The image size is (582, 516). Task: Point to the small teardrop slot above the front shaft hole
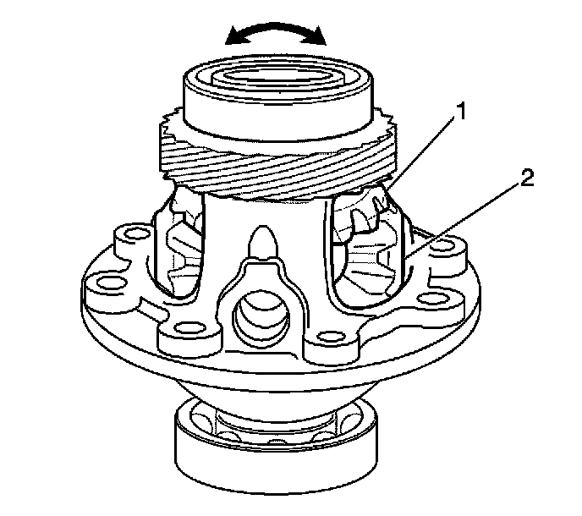(x=261, y=242)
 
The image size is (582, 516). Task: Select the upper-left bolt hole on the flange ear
(x=130, y=233)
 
